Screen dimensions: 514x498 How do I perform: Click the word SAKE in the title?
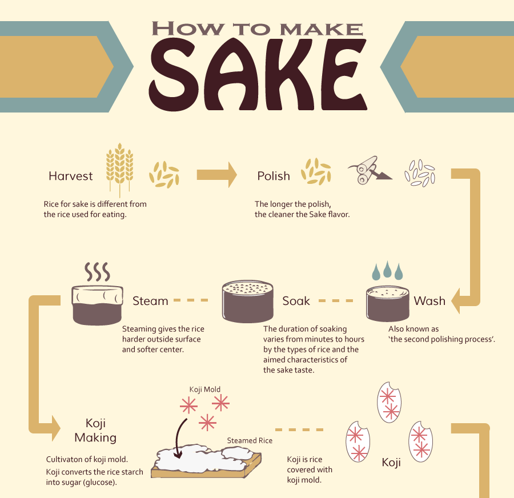258,74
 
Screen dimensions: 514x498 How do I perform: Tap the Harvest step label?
70,176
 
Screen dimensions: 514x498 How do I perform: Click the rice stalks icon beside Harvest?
120,170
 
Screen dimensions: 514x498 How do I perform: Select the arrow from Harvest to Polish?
216,175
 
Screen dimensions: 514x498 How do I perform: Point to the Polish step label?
274,176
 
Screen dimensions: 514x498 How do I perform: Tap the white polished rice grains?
420,173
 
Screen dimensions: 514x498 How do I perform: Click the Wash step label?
429,300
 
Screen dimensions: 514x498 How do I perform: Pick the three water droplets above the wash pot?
387,271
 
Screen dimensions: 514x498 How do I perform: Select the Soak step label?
296,300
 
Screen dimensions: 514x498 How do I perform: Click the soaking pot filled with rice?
248,301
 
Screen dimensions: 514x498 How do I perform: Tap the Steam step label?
150,300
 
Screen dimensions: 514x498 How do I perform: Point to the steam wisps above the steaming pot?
97,272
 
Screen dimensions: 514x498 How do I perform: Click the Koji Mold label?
205,389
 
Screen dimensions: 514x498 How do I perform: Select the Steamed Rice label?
250,441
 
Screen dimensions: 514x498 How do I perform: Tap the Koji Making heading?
95,430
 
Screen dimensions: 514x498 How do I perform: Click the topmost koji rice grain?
389,402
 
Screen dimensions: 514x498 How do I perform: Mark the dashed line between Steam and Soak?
191,300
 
